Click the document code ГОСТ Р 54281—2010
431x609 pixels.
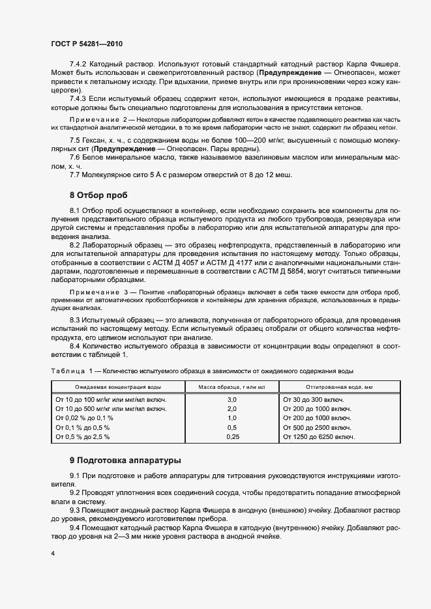tap(86, 44)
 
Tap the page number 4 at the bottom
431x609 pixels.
tap(52, 553)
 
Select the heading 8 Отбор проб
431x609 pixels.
tap(99, 195)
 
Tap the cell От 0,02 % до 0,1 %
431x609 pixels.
tap(85, 418)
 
